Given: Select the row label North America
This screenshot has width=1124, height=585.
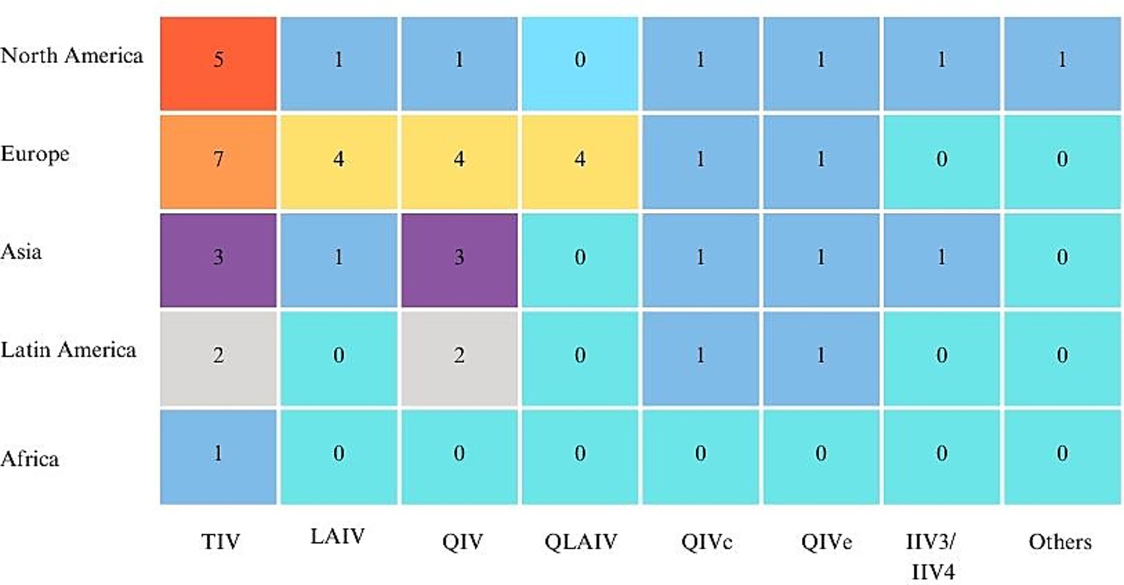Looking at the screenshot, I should (x=72, y=56).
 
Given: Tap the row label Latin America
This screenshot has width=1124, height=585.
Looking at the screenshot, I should (x=68, y=350).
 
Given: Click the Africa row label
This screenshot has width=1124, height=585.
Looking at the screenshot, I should (x=30, y=459).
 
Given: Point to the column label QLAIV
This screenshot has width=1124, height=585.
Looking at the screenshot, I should (x=581, y=543).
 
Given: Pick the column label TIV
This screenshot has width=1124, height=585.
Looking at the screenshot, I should (x=220, y=543).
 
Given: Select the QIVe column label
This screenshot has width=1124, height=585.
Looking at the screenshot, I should (x=825, y=543).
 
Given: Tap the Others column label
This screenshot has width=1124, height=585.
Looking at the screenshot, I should (x=1060, y=543).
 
